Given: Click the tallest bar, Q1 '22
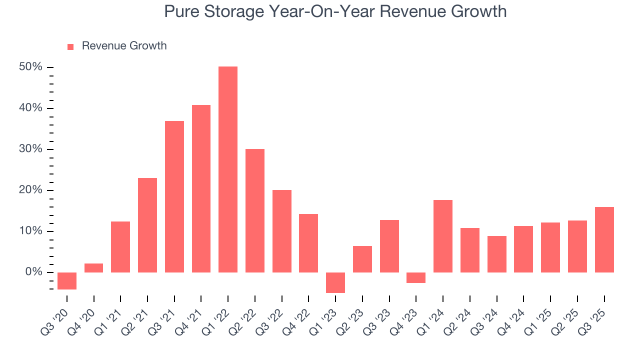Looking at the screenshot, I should point(228,169).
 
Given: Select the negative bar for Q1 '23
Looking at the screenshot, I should point(335,282).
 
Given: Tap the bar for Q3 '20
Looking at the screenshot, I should point(67,281).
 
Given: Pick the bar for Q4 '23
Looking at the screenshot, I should point(416,278).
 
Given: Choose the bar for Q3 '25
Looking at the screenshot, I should point(604,239).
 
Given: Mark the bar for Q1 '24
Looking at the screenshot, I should point(443,236).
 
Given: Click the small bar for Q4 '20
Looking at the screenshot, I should point(94,268).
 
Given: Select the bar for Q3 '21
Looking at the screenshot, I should point(174,196).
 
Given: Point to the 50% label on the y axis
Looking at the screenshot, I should point(31,67).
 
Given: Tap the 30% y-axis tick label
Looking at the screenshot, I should point(31,149).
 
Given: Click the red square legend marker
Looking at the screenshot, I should point(70,46).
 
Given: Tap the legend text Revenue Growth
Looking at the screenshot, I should point(124,46).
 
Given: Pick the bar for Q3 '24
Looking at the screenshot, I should point(497,254).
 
